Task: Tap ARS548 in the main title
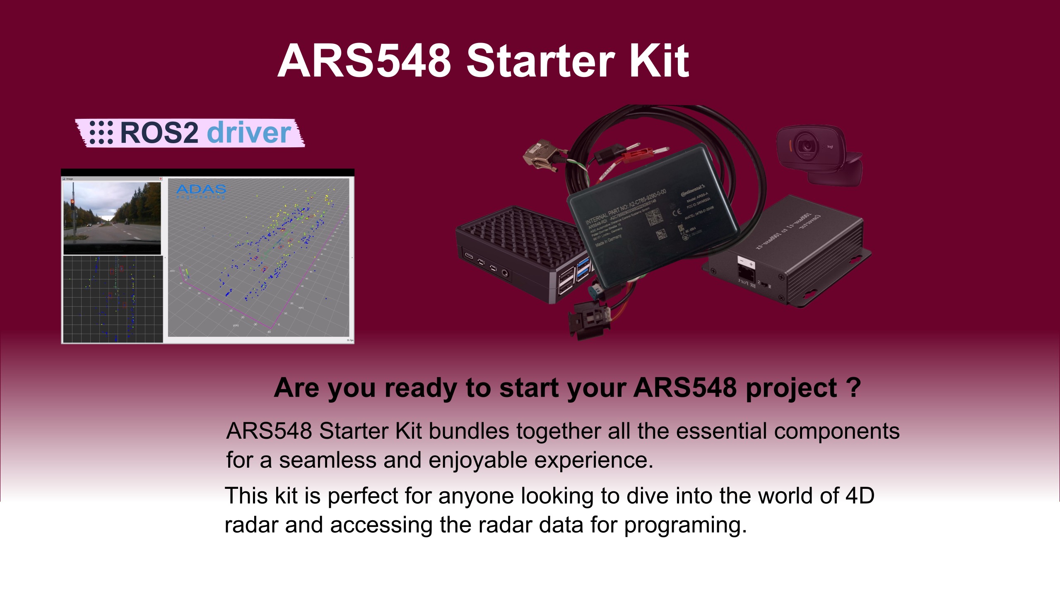click(364, 61)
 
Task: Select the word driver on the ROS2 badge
click(249, 133)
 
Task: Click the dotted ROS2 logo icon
click(101, 133)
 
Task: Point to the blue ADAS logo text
click(201, 190)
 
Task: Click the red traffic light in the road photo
click(72, 202)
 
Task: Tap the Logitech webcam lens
click(805, 146)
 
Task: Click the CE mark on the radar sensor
click(677, 213)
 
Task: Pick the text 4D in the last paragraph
click(860, 496)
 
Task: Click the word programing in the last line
click(685, 525)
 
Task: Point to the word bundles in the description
click(469, 431)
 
